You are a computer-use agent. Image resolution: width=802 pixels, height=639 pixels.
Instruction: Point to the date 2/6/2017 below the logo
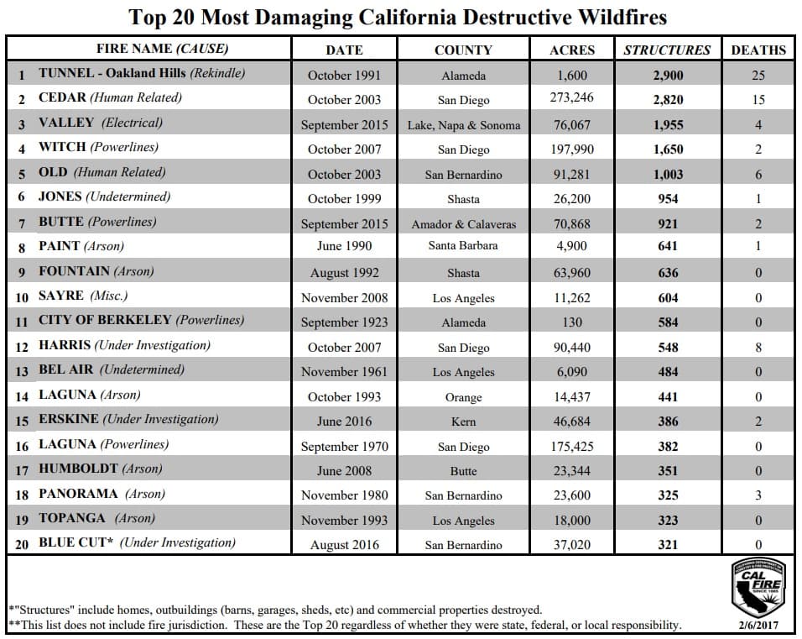[x=758, y=626]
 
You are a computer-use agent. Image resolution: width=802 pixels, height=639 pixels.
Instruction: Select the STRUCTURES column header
[x=666, y=50]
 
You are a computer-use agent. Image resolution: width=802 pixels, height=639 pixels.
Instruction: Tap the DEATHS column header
[x=758, y=50]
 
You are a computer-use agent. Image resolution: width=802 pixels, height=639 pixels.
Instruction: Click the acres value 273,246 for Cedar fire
[x=571, y=98]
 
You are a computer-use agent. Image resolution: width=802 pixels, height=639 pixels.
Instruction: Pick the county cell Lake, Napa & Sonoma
[x=463, y=125]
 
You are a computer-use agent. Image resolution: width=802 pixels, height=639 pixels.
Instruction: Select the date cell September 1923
[x=344, y=322]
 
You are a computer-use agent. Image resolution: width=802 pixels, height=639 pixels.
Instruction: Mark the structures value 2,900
[x=668, y=75]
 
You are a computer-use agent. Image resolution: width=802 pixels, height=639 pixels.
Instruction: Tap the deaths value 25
[x=758, y=75]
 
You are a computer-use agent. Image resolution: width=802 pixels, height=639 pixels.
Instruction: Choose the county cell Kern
[x=463, y=422]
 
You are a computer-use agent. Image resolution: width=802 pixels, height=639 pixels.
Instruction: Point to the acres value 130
[x=571, y=322]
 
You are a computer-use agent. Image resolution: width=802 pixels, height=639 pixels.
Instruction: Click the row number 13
[x=22, y=371]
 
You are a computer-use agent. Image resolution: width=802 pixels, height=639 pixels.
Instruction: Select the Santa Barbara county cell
[x=463, y=246]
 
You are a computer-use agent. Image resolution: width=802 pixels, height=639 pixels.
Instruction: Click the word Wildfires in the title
[x=615, y=17]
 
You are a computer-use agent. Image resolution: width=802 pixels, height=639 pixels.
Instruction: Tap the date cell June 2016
[x=344, y=422]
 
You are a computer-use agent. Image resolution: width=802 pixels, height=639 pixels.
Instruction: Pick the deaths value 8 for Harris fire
[x=758, y=347]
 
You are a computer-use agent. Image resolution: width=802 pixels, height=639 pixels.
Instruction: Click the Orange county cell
[x=463, y=397]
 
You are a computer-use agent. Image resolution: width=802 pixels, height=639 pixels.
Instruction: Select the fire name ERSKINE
[x=69, y=419]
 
